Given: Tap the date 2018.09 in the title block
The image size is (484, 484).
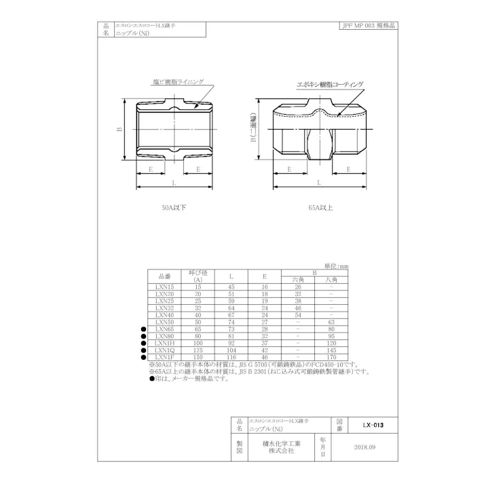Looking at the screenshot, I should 364,448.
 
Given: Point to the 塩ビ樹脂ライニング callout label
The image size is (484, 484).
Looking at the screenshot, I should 178,81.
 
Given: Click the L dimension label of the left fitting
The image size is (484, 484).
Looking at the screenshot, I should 173,184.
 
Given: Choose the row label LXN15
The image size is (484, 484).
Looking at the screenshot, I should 165,286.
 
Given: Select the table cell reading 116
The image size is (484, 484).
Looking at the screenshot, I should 231,356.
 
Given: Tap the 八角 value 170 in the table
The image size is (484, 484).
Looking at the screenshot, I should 331,356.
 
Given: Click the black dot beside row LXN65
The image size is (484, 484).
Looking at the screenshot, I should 143,329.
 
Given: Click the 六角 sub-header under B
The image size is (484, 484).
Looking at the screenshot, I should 298,280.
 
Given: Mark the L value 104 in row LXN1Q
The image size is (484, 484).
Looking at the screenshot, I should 231,350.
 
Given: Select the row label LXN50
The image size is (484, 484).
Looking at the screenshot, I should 165,322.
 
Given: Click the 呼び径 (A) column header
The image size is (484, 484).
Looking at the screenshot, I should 198,276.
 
